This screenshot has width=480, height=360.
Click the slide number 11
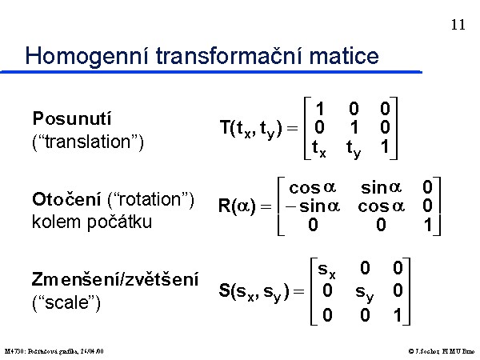pos(458,25)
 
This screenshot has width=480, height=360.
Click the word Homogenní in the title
pos(86,56)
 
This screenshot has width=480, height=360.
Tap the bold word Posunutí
pos(72,118)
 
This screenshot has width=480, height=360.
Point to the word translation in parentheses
pos(88,142)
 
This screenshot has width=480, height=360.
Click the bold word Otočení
pos(66,199)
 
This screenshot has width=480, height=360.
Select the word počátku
pos(119,222)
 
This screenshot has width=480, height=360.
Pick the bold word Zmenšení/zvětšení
pos(115,279)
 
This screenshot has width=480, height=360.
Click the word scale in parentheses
pos(66,302)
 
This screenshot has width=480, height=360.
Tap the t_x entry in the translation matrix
pos(319,148)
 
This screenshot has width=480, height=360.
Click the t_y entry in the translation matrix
pos(354,149)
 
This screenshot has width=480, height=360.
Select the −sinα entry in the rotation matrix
pos(313,206)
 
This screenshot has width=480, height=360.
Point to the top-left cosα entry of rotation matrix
pos(312,187)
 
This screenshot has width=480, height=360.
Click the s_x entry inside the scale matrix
pos(326,270)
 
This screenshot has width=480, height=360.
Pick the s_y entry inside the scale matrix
pos(364,293)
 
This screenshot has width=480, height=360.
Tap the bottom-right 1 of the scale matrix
pos(398,315)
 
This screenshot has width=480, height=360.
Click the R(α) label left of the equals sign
pos(237,206)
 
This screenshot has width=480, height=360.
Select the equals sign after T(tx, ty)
pos(292,128)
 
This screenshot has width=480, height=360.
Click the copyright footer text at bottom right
pos(442,351)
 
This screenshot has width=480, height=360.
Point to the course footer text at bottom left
pos(54,351)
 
